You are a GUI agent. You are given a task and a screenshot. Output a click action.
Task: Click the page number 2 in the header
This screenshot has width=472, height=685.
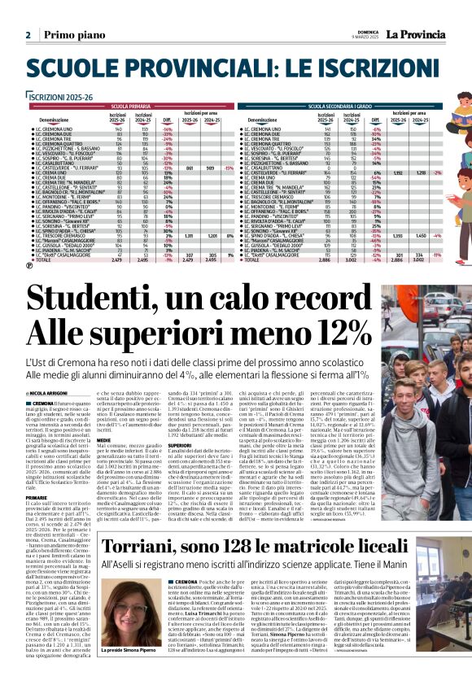pos(28,36)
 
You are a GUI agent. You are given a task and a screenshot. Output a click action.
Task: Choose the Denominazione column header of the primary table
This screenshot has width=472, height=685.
pos(54,119)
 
